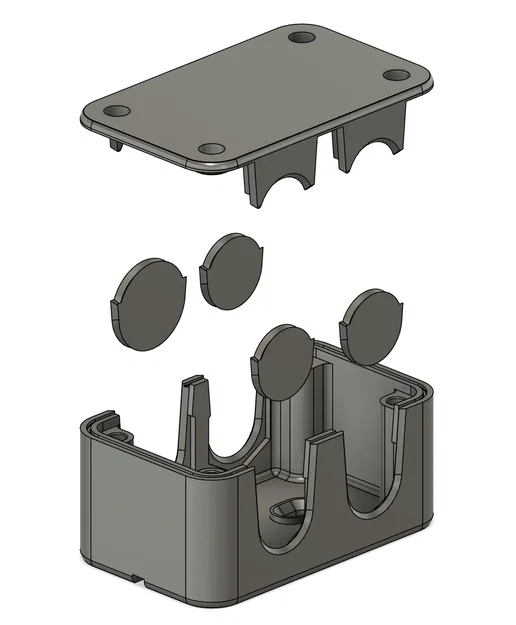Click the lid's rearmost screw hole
click(302, 38)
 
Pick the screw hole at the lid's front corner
click(211, 151)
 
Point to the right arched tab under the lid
click(370, 140)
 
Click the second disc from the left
click(232, 268)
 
